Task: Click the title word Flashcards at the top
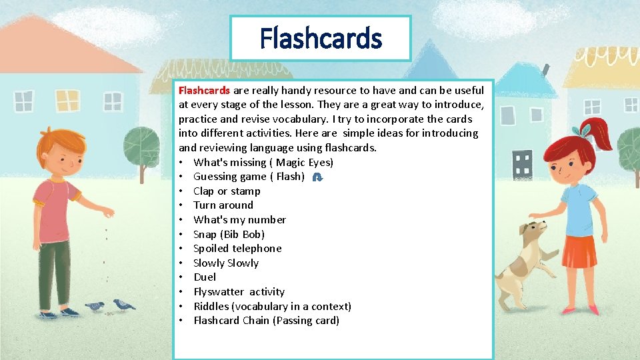[x=321, y=38]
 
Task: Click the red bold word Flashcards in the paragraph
[x=204, y=90]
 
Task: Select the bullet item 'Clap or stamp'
[x=227, y=191]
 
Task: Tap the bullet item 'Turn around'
[x=223, y=205]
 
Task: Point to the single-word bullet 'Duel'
[x=205, y=277]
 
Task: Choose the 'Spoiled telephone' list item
[x=237, y=249]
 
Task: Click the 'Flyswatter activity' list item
[x=239, y=292]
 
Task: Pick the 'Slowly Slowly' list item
[x=226, y=263]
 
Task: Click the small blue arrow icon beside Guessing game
[x=318, y=177]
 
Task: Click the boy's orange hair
[x=56, y=143]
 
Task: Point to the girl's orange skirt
[x=578, y=251]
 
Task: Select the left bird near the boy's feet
[x=95, y=306]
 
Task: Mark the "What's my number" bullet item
[x=239, y=220]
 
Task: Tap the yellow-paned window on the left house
[x=67, y=101]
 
